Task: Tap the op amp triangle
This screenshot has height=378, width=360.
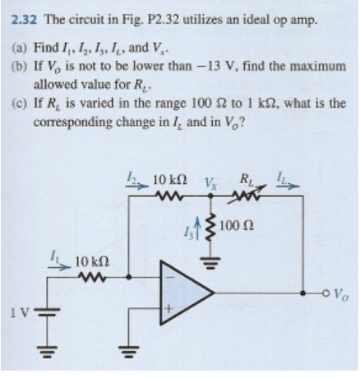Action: click(x=205, y=293)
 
